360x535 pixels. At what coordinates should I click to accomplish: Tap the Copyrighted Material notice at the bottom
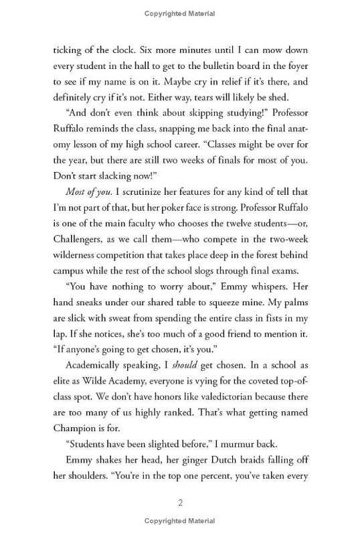[x=180, y=522]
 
